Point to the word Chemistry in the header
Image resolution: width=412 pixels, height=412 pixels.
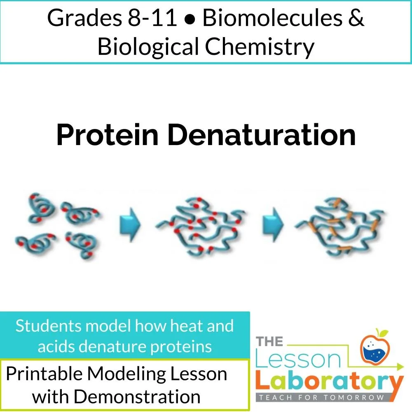(260, 46)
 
